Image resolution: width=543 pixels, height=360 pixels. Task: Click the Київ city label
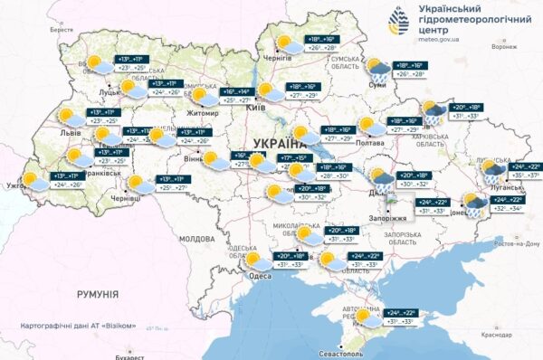click(255, 108)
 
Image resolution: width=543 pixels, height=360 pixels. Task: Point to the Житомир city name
click(201, 113)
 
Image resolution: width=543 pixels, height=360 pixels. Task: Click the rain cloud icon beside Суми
click(377, 68)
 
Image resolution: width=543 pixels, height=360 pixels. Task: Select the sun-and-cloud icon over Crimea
click(367, 316)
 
